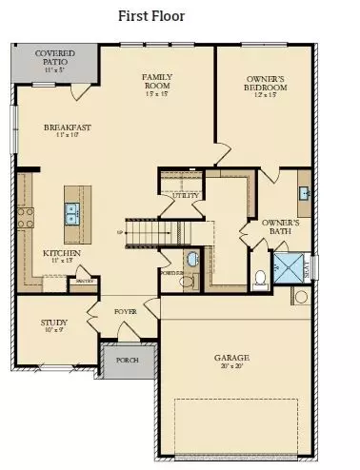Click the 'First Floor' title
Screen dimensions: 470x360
[151, 16]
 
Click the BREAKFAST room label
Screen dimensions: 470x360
[68, 126]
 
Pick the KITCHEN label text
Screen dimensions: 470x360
[61, 253]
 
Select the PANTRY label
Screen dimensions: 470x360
[83, 281]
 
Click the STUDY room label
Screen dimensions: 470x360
[53, 323]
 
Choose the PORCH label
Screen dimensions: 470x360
[129, 360]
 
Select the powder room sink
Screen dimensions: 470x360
[190, 258]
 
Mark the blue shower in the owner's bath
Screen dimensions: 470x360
[287, 264]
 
